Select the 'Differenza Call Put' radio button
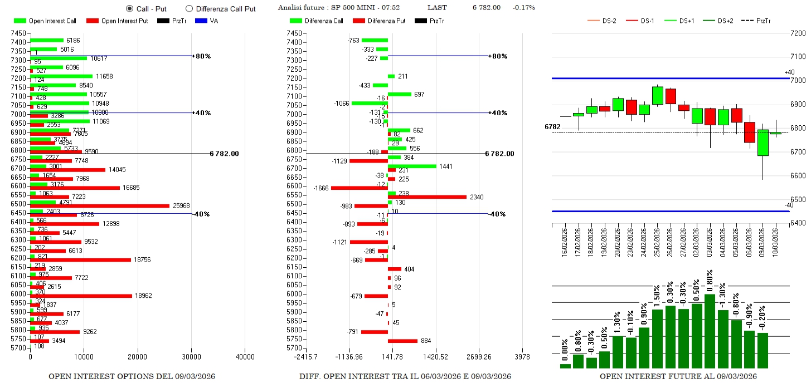coord(188,8)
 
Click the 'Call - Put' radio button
coord(130,8)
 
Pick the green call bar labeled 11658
coord(61,76)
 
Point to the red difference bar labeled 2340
coord(427,197)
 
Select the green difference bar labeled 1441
coord(412,166)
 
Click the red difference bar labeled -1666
coord(360,188)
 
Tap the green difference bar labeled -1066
coord(370,103)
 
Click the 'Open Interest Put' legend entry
coord(118,21)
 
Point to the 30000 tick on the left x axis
coord(191,357)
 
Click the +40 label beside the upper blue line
coord(789,72)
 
